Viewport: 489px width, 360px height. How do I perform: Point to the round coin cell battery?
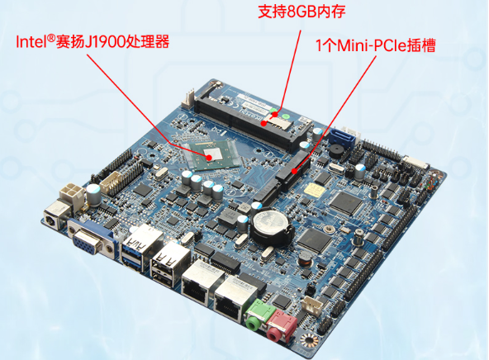[x=270, y=222]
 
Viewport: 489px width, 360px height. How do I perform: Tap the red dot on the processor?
[x=210, y=154]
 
